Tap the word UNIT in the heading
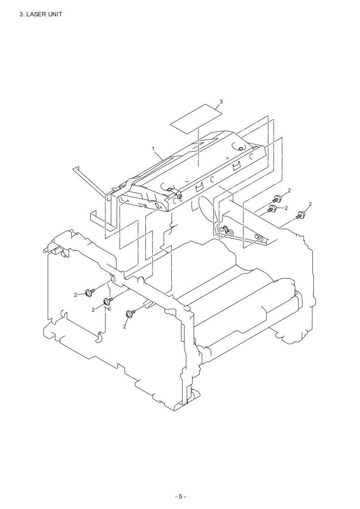[x=55, y=14]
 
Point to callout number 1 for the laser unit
[x=153, y=149]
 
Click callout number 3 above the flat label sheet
[x=221, y=102]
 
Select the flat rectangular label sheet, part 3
[x=197, y=118]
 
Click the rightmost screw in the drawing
[x=300, y=215]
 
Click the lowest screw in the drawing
[x=130, y=313]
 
